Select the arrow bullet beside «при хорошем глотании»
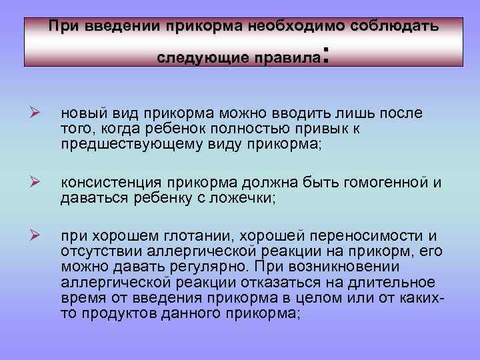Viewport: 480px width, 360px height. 37,235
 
